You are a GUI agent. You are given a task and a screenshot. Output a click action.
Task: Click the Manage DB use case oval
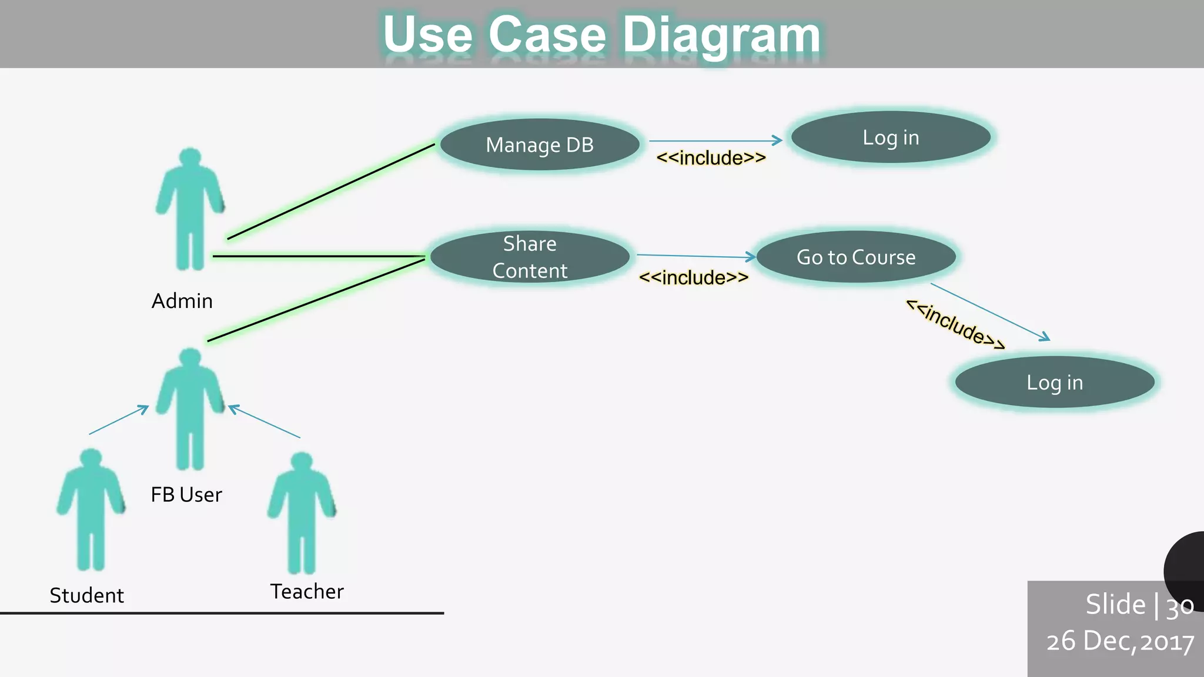[540, 145]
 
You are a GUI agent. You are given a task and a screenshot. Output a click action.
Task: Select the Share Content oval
[530, 257]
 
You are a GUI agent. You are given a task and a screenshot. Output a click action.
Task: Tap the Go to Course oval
[856, 257]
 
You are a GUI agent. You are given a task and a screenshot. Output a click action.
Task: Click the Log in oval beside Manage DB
[891, 138]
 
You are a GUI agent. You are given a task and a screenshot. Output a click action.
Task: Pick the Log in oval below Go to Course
[1055, 382]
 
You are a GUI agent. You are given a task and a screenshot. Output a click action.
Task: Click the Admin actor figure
[190, 209]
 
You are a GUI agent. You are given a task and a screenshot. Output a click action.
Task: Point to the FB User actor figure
[190, 408]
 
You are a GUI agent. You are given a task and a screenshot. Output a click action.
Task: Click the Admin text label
[182, 301]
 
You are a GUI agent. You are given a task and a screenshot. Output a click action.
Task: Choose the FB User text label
[186, 495]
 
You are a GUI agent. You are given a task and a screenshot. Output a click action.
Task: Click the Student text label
[87, 595]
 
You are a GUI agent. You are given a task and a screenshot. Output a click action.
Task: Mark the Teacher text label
[307, 591]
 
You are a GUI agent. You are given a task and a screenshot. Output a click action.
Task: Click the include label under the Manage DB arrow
[711, 158]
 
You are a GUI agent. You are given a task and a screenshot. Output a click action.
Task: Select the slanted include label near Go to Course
[955, 324]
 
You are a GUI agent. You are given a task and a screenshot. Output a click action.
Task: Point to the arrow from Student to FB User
[119, 420]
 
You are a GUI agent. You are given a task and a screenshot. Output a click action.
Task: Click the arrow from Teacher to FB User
[264, 421]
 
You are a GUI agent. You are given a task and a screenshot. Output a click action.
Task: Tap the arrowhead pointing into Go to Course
[750, 257]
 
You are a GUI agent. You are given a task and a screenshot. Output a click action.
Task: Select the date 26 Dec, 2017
[1120, 641]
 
